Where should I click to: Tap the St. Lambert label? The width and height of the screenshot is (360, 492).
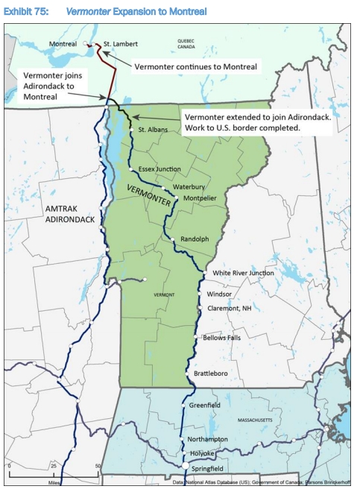tap(120, 44)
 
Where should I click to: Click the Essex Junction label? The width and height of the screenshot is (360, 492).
tap(160, 169)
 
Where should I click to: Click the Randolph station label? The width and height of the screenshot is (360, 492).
tap(193, 239)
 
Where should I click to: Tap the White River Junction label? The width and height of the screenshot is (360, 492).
tap(243, 273)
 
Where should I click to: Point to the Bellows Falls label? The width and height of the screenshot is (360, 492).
tap(221, 338)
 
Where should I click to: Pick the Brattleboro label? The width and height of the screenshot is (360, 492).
tap(209, 372)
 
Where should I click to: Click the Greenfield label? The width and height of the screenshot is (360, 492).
tap(204, 406)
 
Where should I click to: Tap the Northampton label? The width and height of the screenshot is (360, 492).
tap(208, 439)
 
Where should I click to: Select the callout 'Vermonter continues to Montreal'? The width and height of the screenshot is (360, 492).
tap(196, 67)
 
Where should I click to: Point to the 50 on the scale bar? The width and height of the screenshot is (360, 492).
tap(97, 467)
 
